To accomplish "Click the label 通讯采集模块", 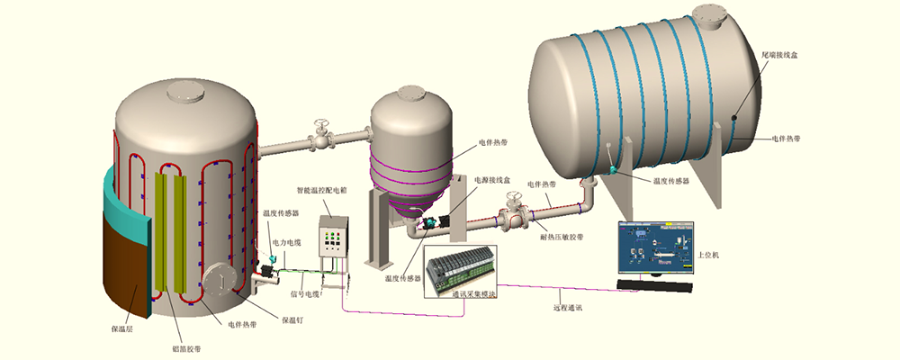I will pos(473,293).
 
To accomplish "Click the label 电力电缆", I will pos(285,242).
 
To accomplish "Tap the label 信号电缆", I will pos(304,293).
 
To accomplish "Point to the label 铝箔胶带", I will pos(186,347).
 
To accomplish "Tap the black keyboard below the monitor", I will pos(656,286).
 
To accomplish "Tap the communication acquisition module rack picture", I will pos(461,267).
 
